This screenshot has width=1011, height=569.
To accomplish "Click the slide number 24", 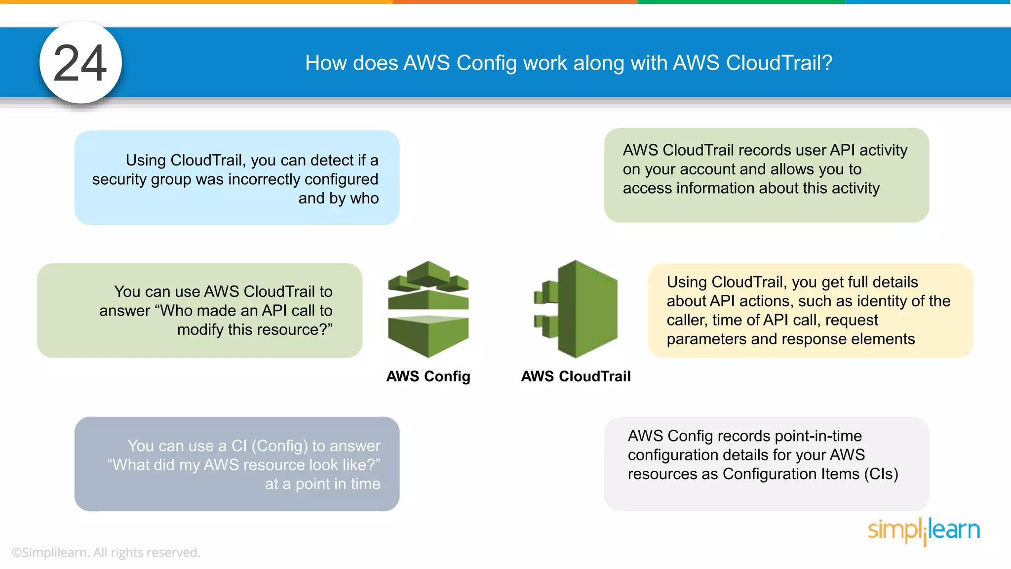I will (x=80, y=63).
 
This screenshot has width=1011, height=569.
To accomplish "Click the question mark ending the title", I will (x=827, y=63).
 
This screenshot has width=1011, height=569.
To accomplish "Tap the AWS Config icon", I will (x=428, y=309).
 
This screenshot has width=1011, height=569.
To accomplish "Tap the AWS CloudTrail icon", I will (x=576, y=309).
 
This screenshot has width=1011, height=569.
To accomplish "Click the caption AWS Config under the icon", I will (x=428, y=376).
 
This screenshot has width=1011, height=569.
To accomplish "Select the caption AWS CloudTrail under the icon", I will (x=576, y=376).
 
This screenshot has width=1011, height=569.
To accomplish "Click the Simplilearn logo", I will (x=924, y=530).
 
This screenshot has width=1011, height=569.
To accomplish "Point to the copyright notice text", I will (x=106, y=552).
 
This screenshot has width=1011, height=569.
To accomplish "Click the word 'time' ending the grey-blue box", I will (x=365, y=484).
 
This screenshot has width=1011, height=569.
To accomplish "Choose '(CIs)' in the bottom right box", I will (x=881, y=474).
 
